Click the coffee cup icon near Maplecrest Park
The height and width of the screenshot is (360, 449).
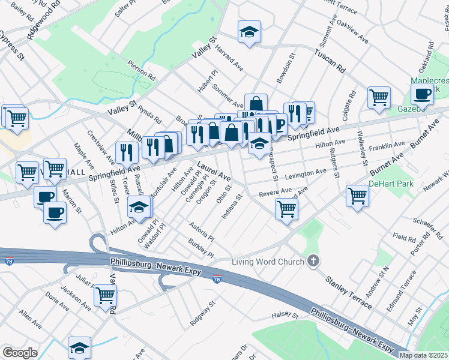point(422,94)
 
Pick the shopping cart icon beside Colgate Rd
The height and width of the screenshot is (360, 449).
point(379,97)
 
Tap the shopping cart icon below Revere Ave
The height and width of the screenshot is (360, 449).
point(286,208)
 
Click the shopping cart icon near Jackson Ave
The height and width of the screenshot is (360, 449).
point(106,295)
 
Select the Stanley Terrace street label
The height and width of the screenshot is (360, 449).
point(348,292)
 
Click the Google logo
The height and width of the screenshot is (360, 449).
point(20,353)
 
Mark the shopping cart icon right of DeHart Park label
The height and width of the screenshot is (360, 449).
point(357,196)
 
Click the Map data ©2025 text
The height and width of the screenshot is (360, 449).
point(423,355)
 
